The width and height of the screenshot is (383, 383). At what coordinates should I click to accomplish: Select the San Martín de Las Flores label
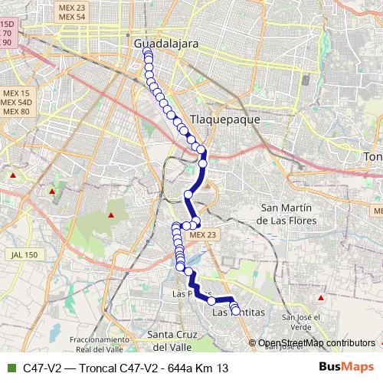pyautogui.click(x=287, y=214)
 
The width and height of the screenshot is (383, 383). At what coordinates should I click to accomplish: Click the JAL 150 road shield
pyautogui.click(x=25, y=254)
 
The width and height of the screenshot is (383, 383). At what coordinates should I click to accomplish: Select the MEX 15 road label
pyautogui.click(x=15, y=93)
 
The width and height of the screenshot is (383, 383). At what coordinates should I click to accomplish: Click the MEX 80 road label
pyautogui.click(x=15, y=111)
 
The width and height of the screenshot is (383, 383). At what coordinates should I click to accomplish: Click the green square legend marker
pyautogui.click(x=11, y=368)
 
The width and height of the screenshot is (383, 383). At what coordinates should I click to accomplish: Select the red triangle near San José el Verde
pyautogui.click(x=321, y=296)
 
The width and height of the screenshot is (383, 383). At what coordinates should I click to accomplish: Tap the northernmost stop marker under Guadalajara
pyautogui.click(x=148, y=54)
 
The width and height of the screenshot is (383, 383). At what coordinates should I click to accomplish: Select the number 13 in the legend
pyautogui.click(x=222, y=368)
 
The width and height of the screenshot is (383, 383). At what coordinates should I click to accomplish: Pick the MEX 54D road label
pyautogui.click(x=16, y=102)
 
